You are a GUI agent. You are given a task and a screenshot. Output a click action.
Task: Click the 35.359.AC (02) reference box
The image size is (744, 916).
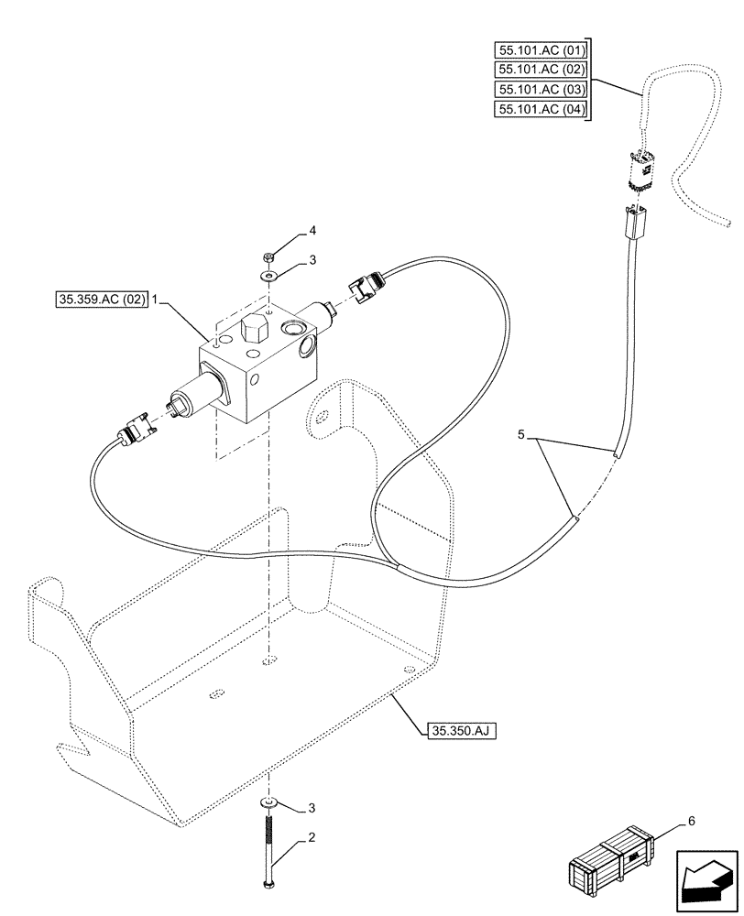pyautogui.click(x=100, y=300)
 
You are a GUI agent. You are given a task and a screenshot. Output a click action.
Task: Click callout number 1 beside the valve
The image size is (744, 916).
pyautogui.click(x=156, y=300)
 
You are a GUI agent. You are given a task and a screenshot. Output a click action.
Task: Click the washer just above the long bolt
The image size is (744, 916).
pyautogui.click(x=269, y=802)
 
